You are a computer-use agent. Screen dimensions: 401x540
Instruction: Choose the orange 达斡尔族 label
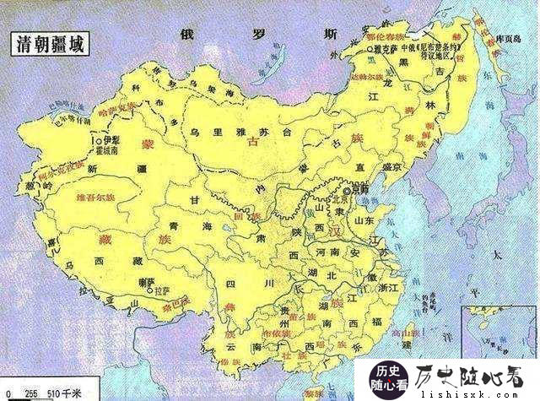(x=361, y=75)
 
